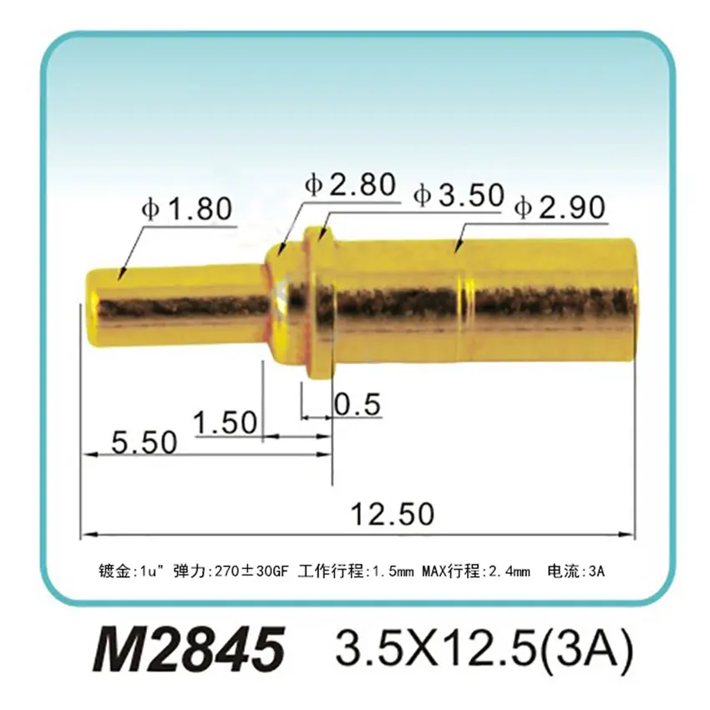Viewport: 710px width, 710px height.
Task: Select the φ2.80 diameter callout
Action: pos(350,185)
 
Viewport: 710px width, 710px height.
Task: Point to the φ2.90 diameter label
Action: pos(560,207)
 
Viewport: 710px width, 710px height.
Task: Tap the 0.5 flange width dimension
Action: pos(358,405)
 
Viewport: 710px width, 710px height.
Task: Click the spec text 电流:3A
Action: pos(575,572)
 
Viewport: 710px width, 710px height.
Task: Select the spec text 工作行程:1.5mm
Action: pos(356,572)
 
